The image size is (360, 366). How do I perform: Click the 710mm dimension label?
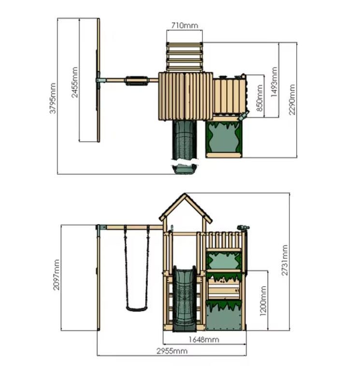pos(185,25)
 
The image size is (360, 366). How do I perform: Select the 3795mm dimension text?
pos(53,99)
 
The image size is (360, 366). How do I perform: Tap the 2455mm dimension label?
pos(74,82)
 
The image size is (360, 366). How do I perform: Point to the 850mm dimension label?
pos(259,98)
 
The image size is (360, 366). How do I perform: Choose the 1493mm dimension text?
pos(274,82)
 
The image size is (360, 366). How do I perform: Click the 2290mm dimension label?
pos(292,99)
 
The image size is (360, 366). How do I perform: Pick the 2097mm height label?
pos(56,275)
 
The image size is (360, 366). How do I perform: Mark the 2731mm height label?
pos(284,260)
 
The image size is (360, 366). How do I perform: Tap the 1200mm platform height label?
pos(263,301)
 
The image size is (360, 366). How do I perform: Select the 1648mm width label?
pos(204,339)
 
